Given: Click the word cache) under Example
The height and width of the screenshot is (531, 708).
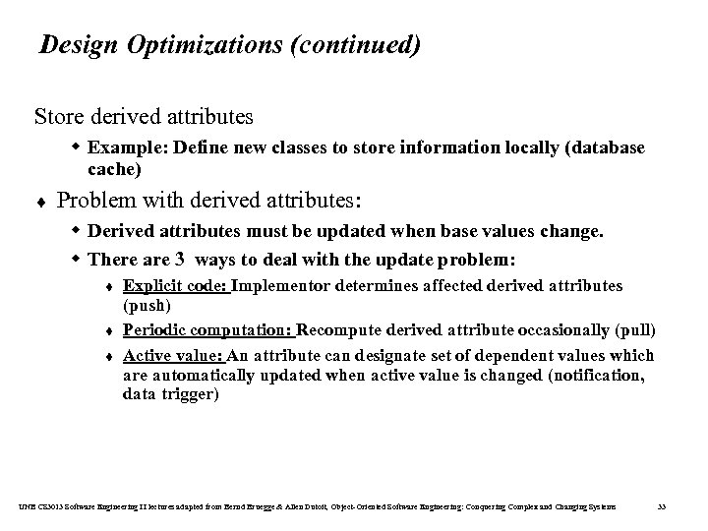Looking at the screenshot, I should click(x=114, y=169).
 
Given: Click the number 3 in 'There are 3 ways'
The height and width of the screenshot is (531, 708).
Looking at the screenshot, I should click(x=179, y=261).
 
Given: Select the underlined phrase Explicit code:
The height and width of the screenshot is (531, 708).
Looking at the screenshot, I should click(x=175, y=286).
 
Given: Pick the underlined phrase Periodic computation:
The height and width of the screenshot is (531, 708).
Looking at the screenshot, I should click(x=207, y=329).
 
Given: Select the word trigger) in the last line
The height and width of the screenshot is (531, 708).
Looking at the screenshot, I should click(x=191, y=394).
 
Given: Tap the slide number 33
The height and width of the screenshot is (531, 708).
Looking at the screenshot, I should click(x=662, y=506).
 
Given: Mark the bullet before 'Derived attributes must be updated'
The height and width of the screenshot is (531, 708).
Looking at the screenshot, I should click(x=76, y=232).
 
